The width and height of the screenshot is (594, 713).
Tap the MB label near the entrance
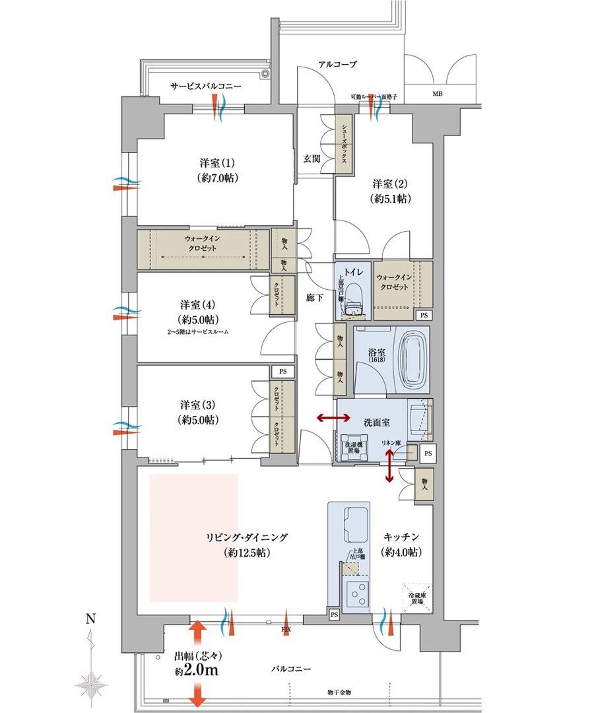[438, 94]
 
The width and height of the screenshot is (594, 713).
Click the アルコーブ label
[337, 65]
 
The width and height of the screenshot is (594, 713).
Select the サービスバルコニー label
[206, 86]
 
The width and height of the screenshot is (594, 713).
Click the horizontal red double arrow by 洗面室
[332, 417]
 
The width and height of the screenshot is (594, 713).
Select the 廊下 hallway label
[315, 298]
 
